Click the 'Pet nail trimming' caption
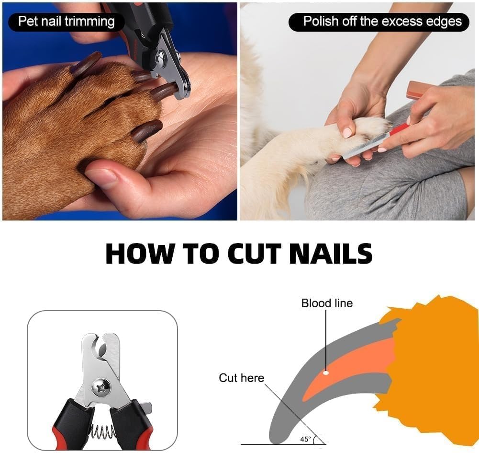pos(67,22)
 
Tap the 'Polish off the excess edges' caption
pos(382,22)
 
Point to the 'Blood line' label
pos(327,303)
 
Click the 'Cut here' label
pos(241,378)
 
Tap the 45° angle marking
pos(305,439)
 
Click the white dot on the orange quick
pos(325,372)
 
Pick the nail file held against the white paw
pos(368,144)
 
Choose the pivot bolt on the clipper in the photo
pos(161,59)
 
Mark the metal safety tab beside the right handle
pos(146,408)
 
